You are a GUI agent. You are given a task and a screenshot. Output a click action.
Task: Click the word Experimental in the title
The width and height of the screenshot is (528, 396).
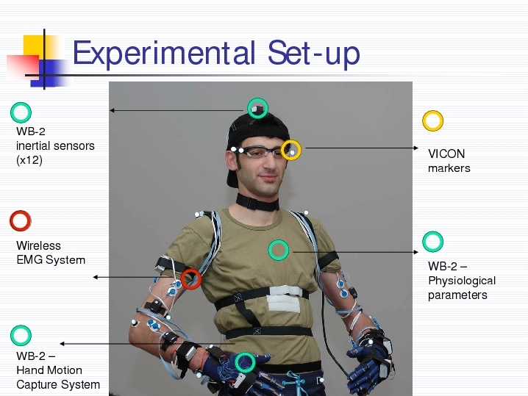point(164,53)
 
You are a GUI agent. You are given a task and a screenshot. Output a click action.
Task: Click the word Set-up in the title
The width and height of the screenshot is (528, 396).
point(314,53)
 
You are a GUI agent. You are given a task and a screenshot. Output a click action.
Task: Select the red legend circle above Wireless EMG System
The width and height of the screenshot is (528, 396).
point(12,220)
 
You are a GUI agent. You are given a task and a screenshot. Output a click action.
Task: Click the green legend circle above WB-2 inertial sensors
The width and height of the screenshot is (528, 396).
point(12,112)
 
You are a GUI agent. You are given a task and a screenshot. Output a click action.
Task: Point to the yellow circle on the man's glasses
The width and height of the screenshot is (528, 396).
point(283,150)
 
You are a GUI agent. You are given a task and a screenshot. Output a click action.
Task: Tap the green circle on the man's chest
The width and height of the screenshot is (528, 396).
point(270,250)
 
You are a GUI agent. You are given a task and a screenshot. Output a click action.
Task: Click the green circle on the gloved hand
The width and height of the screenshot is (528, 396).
point(237,363)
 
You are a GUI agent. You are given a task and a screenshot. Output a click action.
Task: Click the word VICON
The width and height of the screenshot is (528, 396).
point(446,154)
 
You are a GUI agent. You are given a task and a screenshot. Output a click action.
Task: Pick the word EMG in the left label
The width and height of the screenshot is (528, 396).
point(29,260)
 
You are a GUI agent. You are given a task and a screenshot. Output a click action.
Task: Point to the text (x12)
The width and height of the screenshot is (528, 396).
point(29,160)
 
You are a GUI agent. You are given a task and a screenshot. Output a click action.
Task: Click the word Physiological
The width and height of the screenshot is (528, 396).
point(462,281)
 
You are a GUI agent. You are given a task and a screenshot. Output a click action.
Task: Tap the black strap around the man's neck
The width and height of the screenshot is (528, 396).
point(257,202)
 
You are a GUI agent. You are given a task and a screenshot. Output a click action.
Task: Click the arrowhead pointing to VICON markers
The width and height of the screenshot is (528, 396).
point(416,148)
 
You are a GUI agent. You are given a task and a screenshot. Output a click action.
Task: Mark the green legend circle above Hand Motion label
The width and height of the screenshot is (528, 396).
point(12,336)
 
